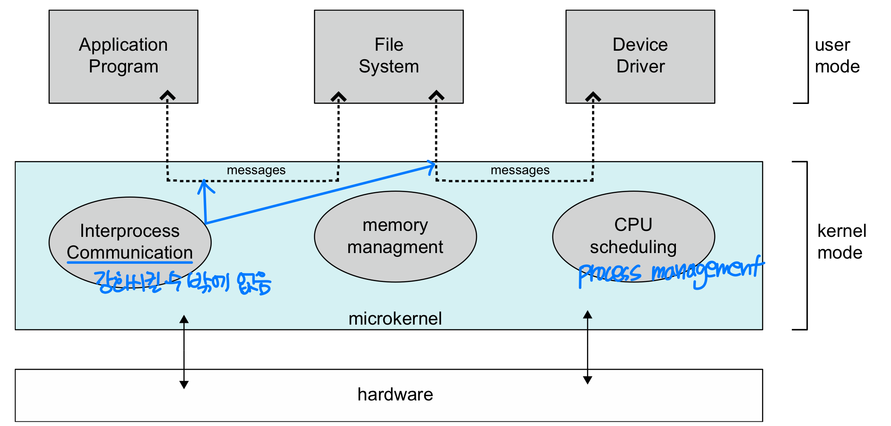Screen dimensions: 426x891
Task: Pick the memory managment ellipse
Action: [395, 236]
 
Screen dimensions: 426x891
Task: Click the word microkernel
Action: [395, 319]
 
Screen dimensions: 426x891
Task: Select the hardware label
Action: [395, 394]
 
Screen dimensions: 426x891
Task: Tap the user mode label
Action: [837, 56]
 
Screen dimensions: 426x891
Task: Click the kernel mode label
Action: [842, 242]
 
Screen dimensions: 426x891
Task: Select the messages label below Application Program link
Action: [256, 170]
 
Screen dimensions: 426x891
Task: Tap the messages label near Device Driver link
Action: [520, 170]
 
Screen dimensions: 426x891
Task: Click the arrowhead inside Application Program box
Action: [168, 95]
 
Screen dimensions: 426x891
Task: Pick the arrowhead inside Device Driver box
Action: [593, 97]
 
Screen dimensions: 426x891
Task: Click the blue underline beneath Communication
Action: [130, 262]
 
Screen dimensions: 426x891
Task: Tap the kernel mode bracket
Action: [806, 245]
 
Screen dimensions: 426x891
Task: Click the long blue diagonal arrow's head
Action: [432, 166]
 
